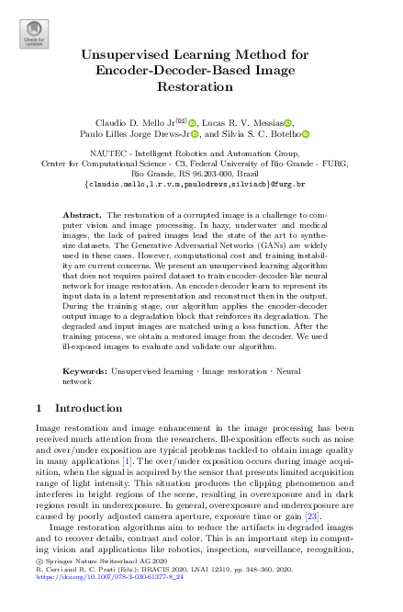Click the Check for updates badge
click(x=32, y=35)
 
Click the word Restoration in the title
click(x=201, y=85)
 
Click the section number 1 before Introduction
click(x=38, y=407)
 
